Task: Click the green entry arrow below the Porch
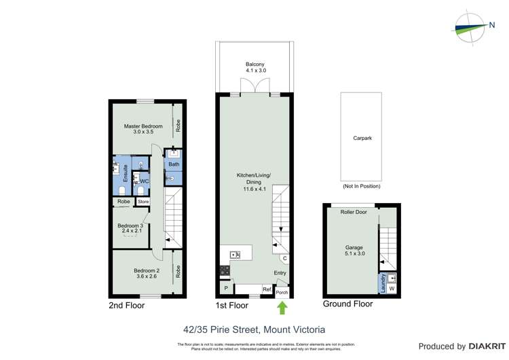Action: [282, 308]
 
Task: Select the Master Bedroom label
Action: [143, 128]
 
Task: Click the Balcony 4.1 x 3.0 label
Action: [255, 67]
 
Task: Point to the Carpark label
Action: [362, 138]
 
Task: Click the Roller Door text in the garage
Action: [354, 212]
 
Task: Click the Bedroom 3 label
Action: [130, 228]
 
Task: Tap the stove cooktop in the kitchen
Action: [225, 270]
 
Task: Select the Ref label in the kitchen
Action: [267, 289]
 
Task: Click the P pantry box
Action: [225, 289]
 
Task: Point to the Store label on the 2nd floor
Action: [143, 202]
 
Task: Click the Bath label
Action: [174, 164]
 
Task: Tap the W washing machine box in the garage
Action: [392, 289]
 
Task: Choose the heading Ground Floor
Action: [347, 304]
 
